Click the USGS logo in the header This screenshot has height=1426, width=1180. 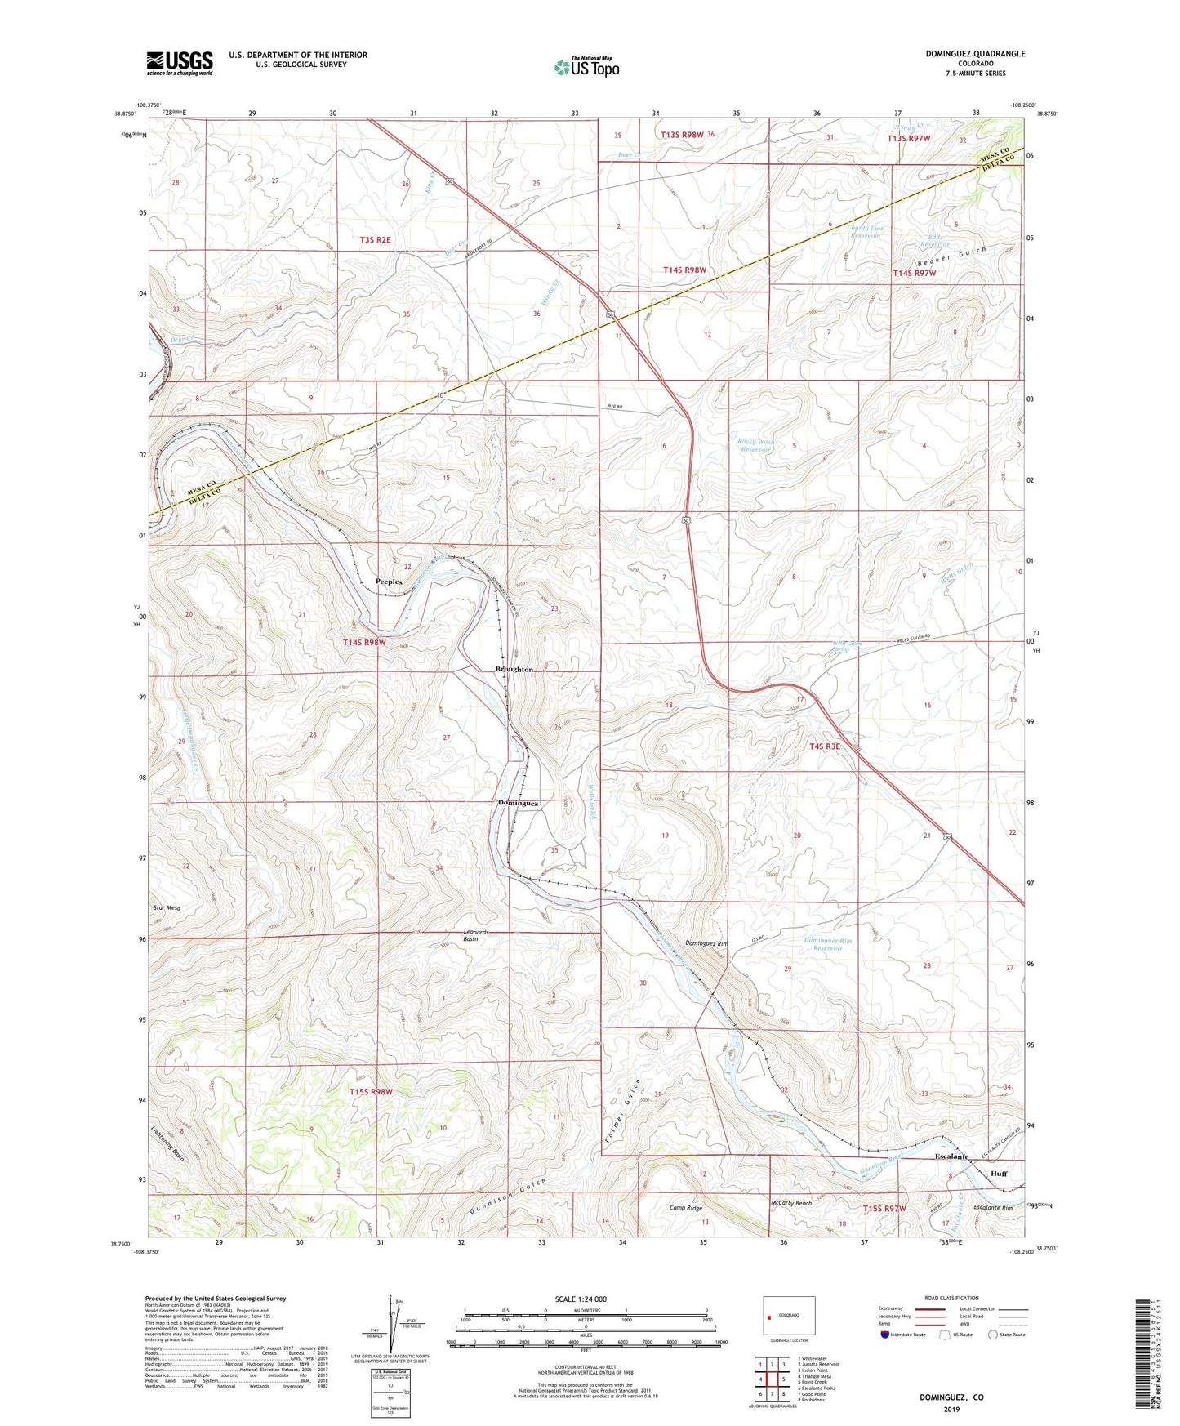click(x=180, y=62)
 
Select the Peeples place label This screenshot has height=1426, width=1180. click(x=389, y=582)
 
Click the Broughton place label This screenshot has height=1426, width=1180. click(x=514, y=669)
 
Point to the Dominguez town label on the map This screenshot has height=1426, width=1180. click(x=518, y=803)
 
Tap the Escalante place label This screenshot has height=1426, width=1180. click(x=951, y=1157)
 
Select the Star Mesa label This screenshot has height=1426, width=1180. click(x=167, y=907)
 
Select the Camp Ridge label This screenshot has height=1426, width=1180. click(x=686, y=1207)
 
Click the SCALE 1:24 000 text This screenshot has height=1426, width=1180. click(x=580, y=1299)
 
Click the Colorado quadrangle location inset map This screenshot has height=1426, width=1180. click(x=788, y=1317)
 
